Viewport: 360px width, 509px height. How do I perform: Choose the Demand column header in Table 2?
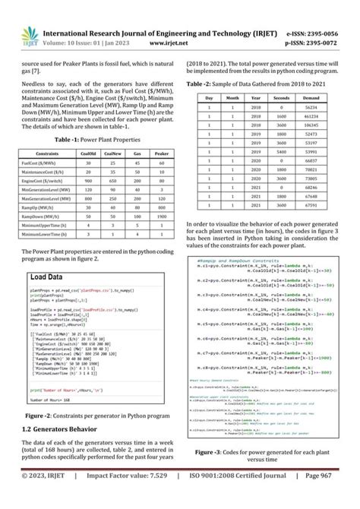[309, 98]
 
